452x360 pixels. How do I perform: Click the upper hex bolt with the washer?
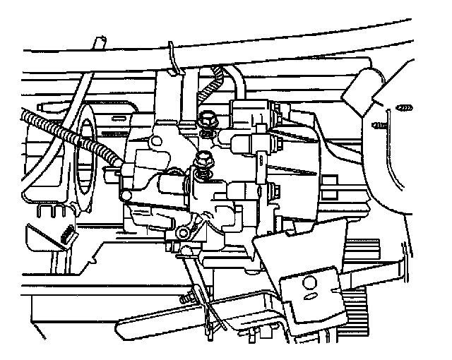(x=208, y=120)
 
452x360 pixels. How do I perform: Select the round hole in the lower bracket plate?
(x=307, y=284)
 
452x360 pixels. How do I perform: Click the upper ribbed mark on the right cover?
(x=404, y=107)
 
